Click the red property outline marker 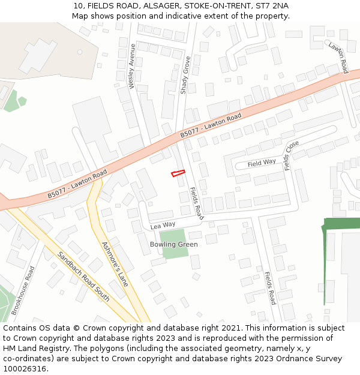(x=178, y=173)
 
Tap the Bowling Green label (x=174, y=244)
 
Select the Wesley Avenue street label (x=133, y=66)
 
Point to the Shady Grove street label (x=185, y=75)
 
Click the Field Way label (x=262, y=163)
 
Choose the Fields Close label (x=292, y=155)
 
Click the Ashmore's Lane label (x=115, y=264)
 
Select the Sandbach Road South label (x=83, y=277)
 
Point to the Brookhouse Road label (x=23, y=291)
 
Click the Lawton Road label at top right (x=338, y=58)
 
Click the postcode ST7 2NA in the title (x=273, y=5)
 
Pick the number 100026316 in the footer (x=25, y=368)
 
